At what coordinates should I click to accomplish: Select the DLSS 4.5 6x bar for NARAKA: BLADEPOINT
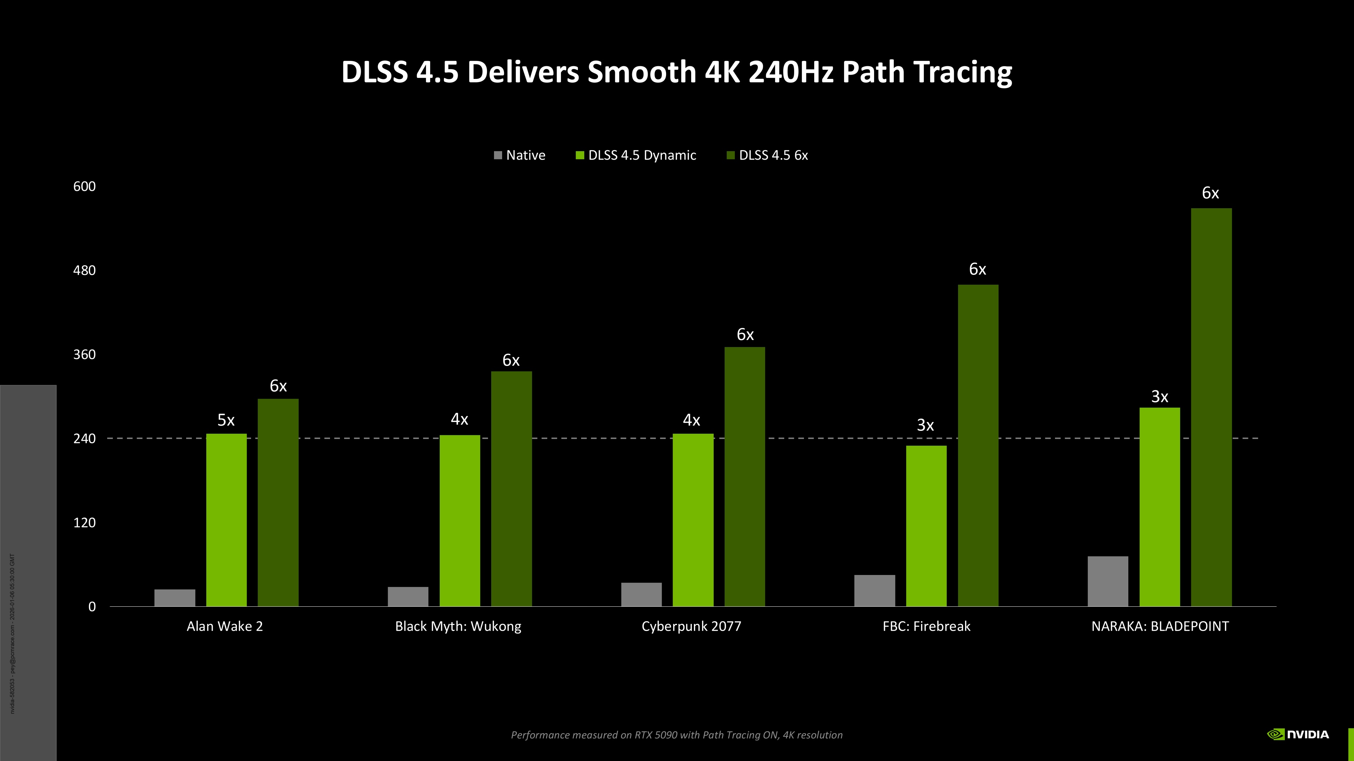1211,407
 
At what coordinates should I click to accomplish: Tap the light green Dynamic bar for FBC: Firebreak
926,526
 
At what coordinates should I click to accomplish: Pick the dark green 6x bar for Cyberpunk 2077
744,476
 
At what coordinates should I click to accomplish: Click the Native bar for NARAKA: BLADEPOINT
1108,581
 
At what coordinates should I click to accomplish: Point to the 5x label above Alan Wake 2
226,420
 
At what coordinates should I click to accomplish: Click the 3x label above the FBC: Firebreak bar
925,425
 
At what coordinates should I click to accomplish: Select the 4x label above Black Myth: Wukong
459,419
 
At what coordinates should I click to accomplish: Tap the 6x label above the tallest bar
1210,193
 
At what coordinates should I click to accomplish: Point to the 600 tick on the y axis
85,186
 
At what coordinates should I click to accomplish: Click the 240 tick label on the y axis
85,439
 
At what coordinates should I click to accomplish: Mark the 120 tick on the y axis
85,522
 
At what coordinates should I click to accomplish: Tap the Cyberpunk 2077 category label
691,626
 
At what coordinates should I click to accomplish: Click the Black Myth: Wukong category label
458,626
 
